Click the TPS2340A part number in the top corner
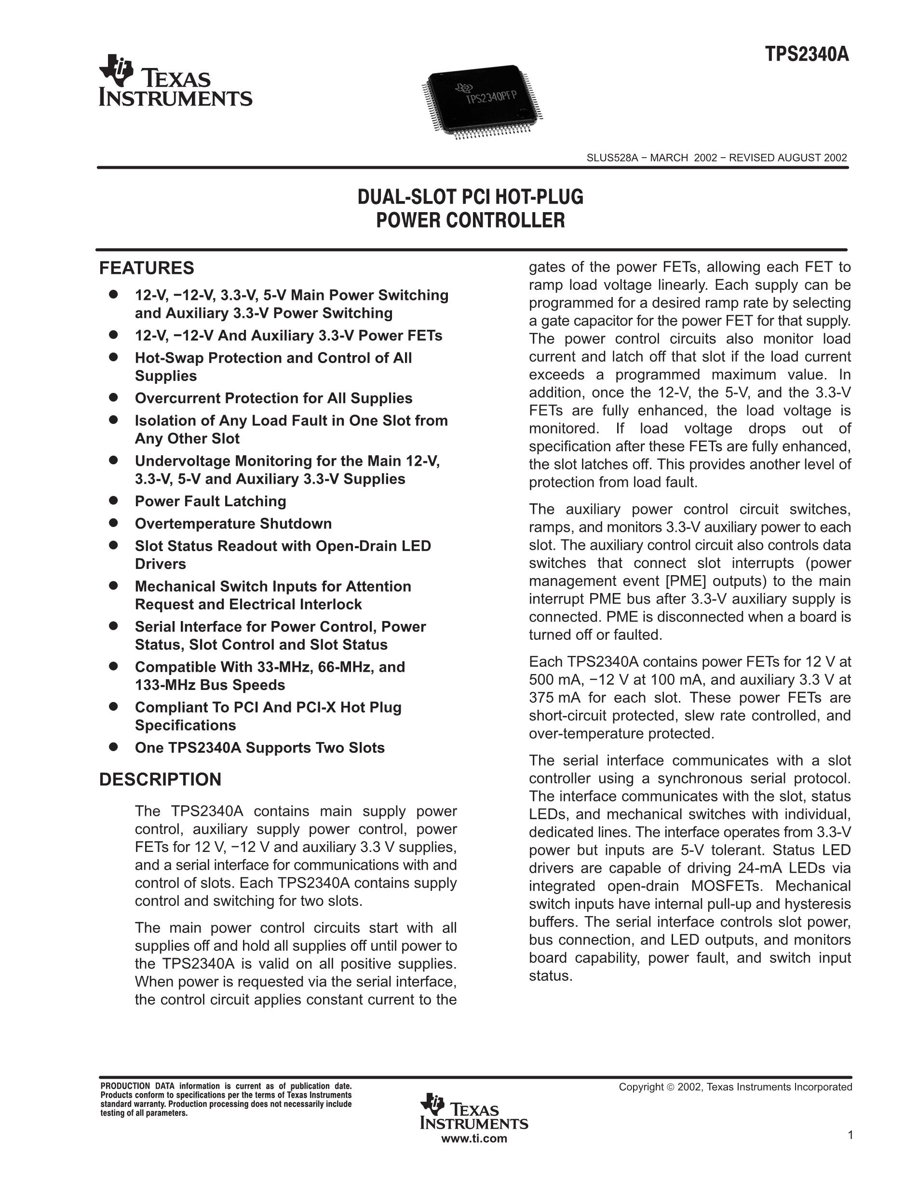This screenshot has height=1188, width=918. pos(807,55)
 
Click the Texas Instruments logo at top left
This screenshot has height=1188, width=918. pos(175,81)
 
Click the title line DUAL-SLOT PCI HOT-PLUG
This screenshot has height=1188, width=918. pos(471,197)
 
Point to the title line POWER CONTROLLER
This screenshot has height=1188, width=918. pos(471,220)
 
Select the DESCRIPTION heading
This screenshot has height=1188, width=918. pos(160,780)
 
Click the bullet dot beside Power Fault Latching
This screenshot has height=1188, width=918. pos(113,500)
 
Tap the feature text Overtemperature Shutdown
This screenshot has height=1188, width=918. pos(233,524)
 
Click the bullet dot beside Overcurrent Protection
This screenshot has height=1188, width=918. pos(113,398)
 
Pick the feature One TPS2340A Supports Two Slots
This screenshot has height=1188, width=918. pos(259,748)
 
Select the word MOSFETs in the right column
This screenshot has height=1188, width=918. pos(727,886)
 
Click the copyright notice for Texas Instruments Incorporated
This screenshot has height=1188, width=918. pos(735,1087)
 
